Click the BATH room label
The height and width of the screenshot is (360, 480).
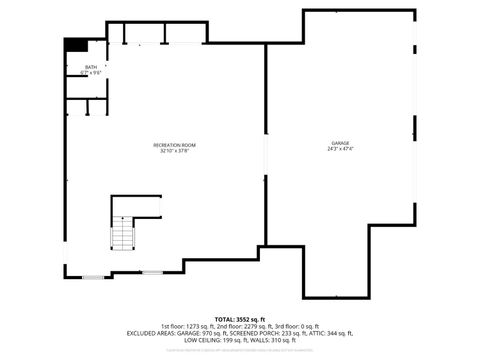[91, 67]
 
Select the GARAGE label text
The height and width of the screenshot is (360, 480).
[341, 143]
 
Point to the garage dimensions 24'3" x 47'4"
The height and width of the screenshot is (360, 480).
[341, 150]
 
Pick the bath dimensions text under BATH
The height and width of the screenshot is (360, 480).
[91, 73]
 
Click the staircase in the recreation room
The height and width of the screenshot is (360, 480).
[123, 236]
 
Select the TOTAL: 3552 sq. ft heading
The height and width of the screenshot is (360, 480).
[239, 319]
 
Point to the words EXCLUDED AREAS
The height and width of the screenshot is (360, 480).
[147, 333]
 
